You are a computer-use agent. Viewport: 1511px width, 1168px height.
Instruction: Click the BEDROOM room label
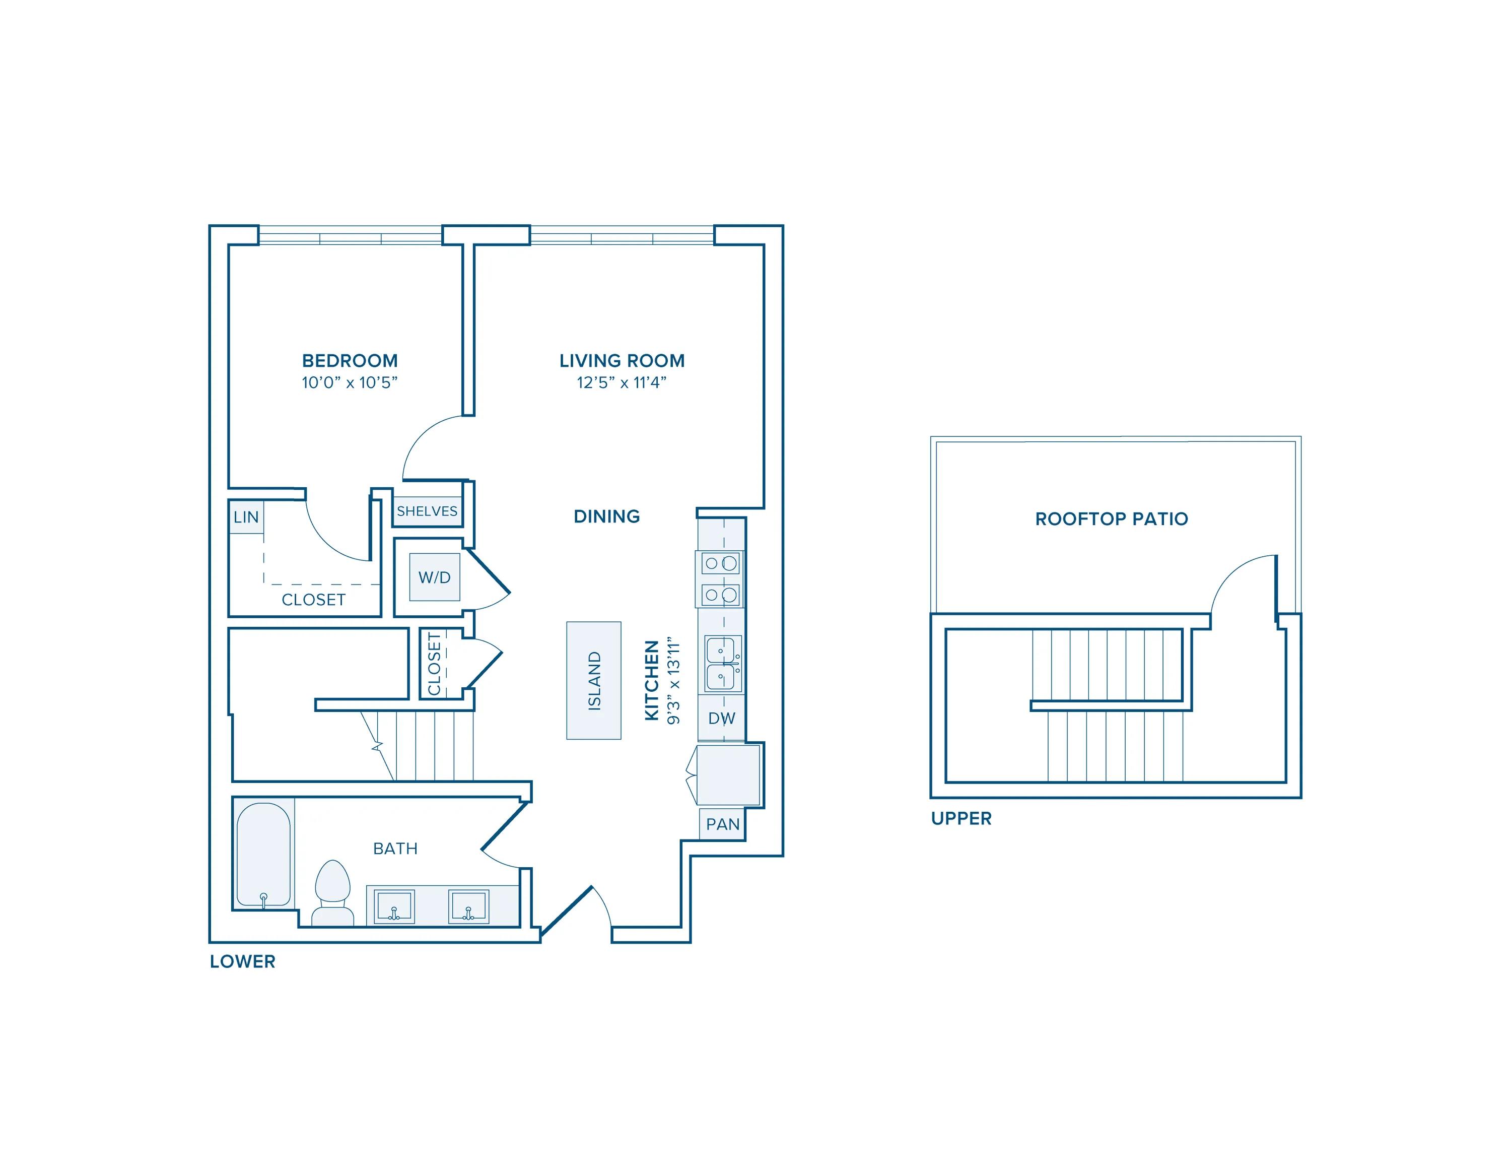350,360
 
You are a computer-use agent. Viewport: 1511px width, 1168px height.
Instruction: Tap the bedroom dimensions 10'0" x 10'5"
350,382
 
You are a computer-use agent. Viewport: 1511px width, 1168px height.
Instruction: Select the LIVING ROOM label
622,360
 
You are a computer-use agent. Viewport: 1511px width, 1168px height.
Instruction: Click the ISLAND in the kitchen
594,680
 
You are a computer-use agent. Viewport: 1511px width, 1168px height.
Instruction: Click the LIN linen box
246,517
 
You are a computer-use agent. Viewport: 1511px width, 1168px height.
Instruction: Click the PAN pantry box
722,824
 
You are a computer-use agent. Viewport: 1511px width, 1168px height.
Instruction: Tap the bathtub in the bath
263,855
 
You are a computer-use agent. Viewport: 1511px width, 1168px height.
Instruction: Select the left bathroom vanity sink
394,906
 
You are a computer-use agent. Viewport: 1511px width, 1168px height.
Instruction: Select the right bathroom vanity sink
468,906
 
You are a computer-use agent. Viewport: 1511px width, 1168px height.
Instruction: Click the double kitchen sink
722,664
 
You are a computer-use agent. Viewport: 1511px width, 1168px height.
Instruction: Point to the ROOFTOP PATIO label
1111,519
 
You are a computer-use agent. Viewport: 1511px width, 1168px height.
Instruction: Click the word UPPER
960,819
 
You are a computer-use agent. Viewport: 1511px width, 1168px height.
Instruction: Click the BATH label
394,849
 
